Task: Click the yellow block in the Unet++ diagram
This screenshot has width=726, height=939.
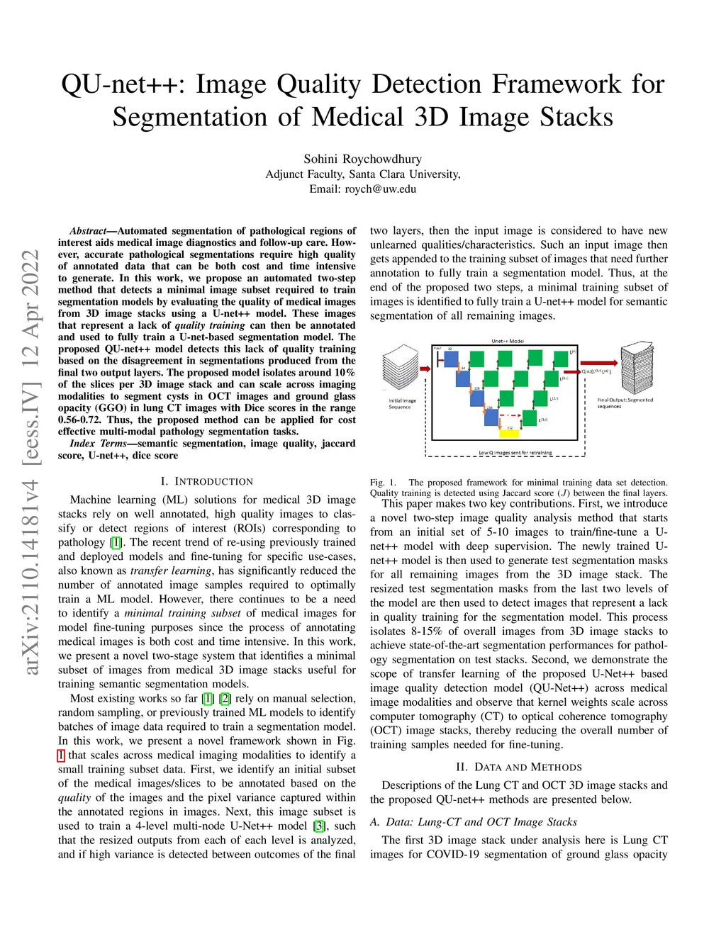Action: point(510,433)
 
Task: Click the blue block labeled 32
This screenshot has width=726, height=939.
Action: point(449,359)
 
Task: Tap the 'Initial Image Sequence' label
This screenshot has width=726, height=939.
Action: point(402,404)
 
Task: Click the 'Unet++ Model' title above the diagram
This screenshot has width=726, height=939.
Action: point(508,341)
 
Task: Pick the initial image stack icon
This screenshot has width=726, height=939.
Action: point(401,369)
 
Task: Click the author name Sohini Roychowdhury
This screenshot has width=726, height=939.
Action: point(362,159)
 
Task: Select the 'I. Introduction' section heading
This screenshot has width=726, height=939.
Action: point(206,481)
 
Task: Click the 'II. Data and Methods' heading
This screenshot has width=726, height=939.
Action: point(518,767)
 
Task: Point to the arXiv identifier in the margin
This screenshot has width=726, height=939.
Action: point(30,461)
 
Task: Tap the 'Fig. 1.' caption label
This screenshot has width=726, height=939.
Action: point(383,483)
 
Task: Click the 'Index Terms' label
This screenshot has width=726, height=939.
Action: point(98,444)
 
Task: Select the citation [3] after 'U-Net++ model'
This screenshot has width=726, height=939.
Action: point(320,826)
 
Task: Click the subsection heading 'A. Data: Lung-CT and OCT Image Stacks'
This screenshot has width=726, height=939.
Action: point(473,821)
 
